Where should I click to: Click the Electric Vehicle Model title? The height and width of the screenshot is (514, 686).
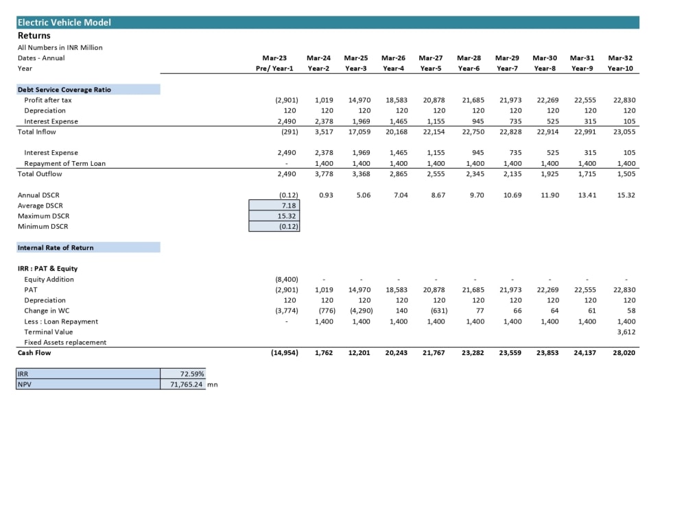(64, 23)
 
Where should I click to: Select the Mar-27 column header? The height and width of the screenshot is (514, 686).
(431, 58)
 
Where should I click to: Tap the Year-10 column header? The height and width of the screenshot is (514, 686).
(620, 68)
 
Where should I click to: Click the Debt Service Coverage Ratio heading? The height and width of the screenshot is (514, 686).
(64, 90)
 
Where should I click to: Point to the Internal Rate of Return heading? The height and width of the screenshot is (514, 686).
(56, 247)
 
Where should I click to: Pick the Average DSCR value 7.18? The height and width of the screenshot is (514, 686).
(289, 206)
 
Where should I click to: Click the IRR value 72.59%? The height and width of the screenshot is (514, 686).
(192, 374)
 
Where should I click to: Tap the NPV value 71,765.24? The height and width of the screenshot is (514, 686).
(187, 384)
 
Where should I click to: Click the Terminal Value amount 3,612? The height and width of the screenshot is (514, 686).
(626, 332)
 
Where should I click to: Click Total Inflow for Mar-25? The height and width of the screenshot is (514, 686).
(359, 132)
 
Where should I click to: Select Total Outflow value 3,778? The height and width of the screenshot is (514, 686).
(324, 173)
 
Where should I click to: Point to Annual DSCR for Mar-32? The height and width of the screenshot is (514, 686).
(626, 195)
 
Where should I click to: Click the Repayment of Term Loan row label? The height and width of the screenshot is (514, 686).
(64, 164)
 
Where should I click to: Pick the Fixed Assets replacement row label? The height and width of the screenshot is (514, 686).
(65, 342)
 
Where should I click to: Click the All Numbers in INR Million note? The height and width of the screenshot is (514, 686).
(60, 47)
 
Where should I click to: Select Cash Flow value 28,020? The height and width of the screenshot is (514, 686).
(624, 353)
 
